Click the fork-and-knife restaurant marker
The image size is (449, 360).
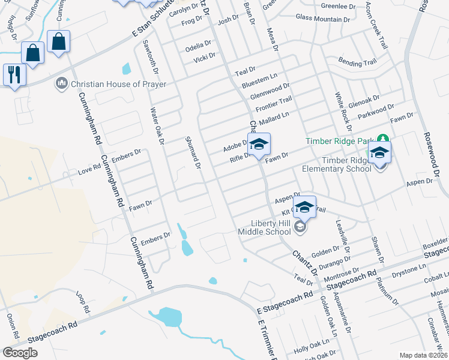(13, 75)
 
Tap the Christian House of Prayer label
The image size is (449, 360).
(113, 83)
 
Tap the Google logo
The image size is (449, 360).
(20, 353)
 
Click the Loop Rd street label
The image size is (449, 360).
(82, 302)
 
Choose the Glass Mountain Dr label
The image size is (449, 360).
(322, 19)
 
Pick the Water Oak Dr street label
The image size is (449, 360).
(157, 126)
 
